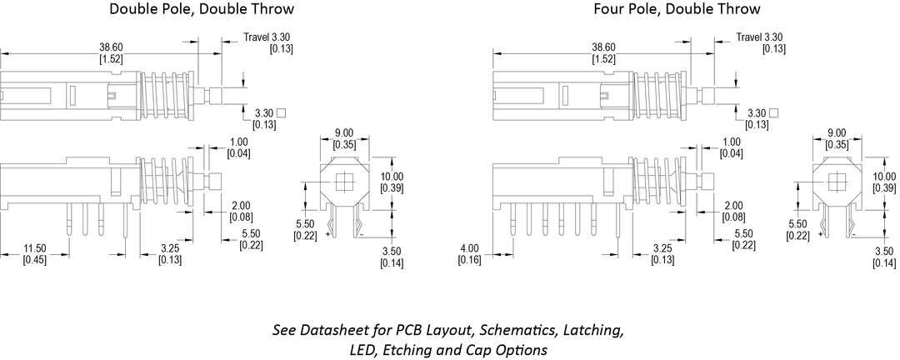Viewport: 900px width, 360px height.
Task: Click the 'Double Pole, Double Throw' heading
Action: [x=202, y=10]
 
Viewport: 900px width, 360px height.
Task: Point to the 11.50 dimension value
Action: [x=34, y=249]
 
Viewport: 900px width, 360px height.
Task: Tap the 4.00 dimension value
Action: [x=469, y=249]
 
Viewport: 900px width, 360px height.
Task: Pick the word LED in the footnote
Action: [x=362, y=350]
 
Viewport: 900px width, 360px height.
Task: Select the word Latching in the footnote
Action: [x=592, y=330]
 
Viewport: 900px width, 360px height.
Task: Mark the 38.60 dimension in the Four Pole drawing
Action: [x=603, y=47]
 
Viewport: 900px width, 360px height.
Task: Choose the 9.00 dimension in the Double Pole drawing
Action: [x=343, y=133]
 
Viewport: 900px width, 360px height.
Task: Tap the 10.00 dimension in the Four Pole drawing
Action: [x=885, y=177]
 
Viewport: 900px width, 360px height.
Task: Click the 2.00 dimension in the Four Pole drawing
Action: [x=733, y=206]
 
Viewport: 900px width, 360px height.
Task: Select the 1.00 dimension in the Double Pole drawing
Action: [x=240, y=142]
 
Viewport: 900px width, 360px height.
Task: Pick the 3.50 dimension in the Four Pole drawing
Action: [x=883, y=252]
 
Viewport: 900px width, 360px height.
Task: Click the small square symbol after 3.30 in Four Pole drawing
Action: [x=776, y=112]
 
